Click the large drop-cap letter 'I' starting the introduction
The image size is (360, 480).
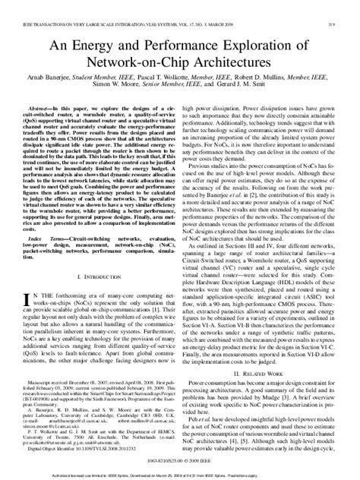(29, 300)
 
